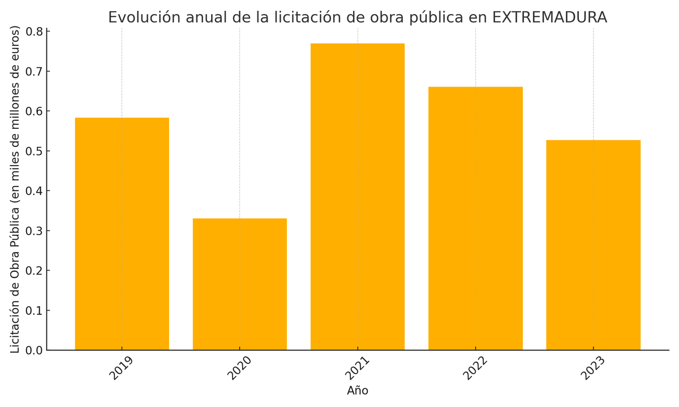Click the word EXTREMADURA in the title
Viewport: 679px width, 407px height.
[x=549, y=18]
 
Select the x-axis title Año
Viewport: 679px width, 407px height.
[x=358, y=391]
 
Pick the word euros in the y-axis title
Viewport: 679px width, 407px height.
[x=15, y=45]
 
